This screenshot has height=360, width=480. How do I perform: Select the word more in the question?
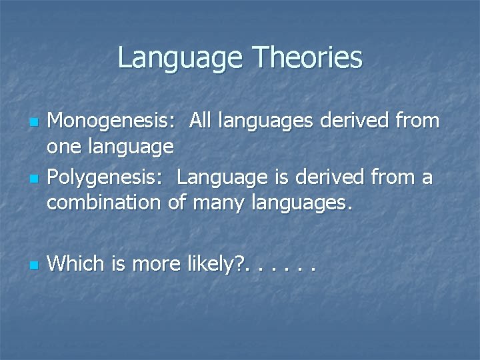click(156, 264)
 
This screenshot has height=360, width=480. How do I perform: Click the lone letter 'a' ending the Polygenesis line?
click(427, 179)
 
